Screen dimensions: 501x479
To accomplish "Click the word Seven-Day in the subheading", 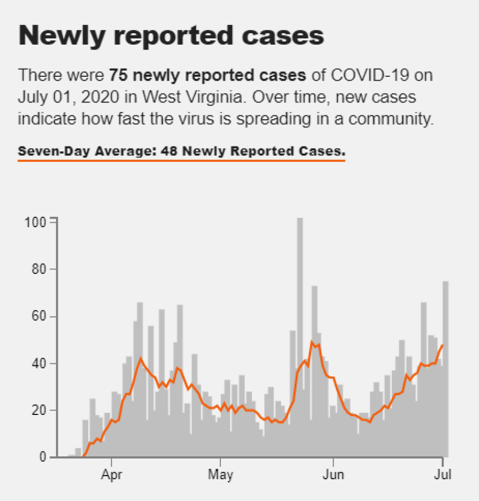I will [x=47, y=151].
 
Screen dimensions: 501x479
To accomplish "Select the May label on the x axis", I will [x=221, y=474].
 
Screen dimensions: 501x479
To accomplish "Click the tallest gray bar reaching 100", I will [x=300, y=327].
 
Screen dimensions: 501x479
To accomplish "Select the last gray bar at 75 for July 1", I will [x=445, y=370].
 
